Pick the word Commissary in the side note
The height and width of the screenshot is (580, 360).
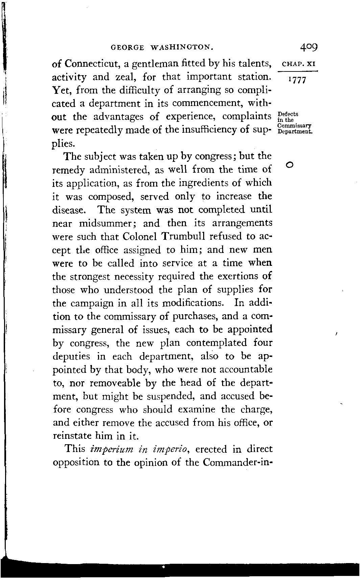294,126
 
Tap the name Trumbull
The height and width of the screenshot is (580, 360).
185,236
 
